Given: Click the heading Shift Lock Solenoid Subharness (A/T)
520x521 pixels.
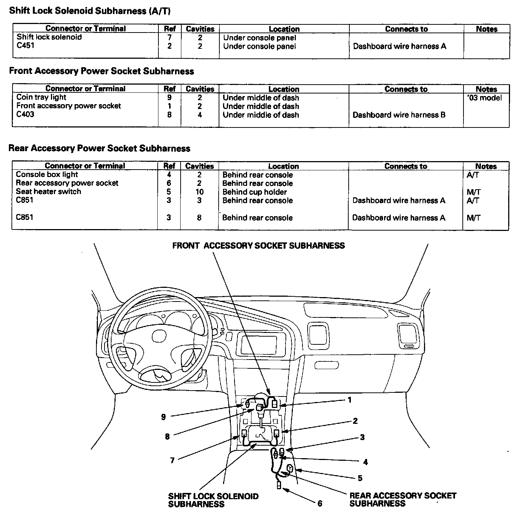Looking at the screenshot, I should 90,11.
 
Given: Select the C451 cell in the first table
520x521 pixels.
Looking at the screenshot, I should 25,46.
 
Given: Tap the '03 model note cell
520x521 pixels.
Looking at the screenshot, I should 485,98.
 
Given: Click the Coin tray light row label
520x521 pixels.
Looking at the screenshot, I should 41,97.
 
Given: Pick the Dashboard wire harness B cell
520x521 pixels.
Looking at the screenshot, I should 399,115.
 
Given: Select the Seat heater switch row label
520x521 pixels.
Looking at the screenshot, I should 48,191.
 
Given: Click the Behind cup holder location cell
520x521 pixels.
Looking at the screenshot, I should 254,192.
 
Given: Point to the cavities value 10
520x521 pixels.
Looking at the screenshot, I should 199,192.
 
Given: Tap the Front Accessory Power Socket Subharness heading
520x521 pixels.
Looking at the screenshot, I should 101,71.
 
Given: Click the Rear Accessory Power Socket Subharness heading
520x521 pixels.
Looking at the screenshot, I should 99,149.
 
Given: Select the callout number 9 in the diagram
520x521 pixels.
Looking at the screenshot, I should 163,417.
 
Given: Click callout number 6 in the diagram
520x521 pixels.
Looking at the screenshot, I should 319,503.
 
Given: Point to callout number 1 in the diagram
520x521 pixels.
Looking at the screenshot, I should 349,400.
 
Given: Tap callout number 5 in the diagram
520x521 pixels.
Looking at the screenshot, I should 360,478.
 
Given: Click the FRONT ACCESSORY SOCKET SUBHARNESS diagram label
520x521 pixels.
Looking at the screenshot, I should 258,246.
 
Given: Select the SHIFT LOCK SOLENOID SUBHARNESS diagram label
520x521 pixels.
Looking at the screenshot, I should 213,500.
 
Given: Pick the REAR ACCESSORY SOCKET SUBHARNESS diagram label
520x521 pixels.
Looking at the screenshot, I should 403,499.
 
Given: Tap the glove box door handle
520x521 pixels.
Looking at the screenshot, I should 326,365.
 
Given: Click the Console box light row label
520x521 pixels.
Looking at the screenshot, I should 47,174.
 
